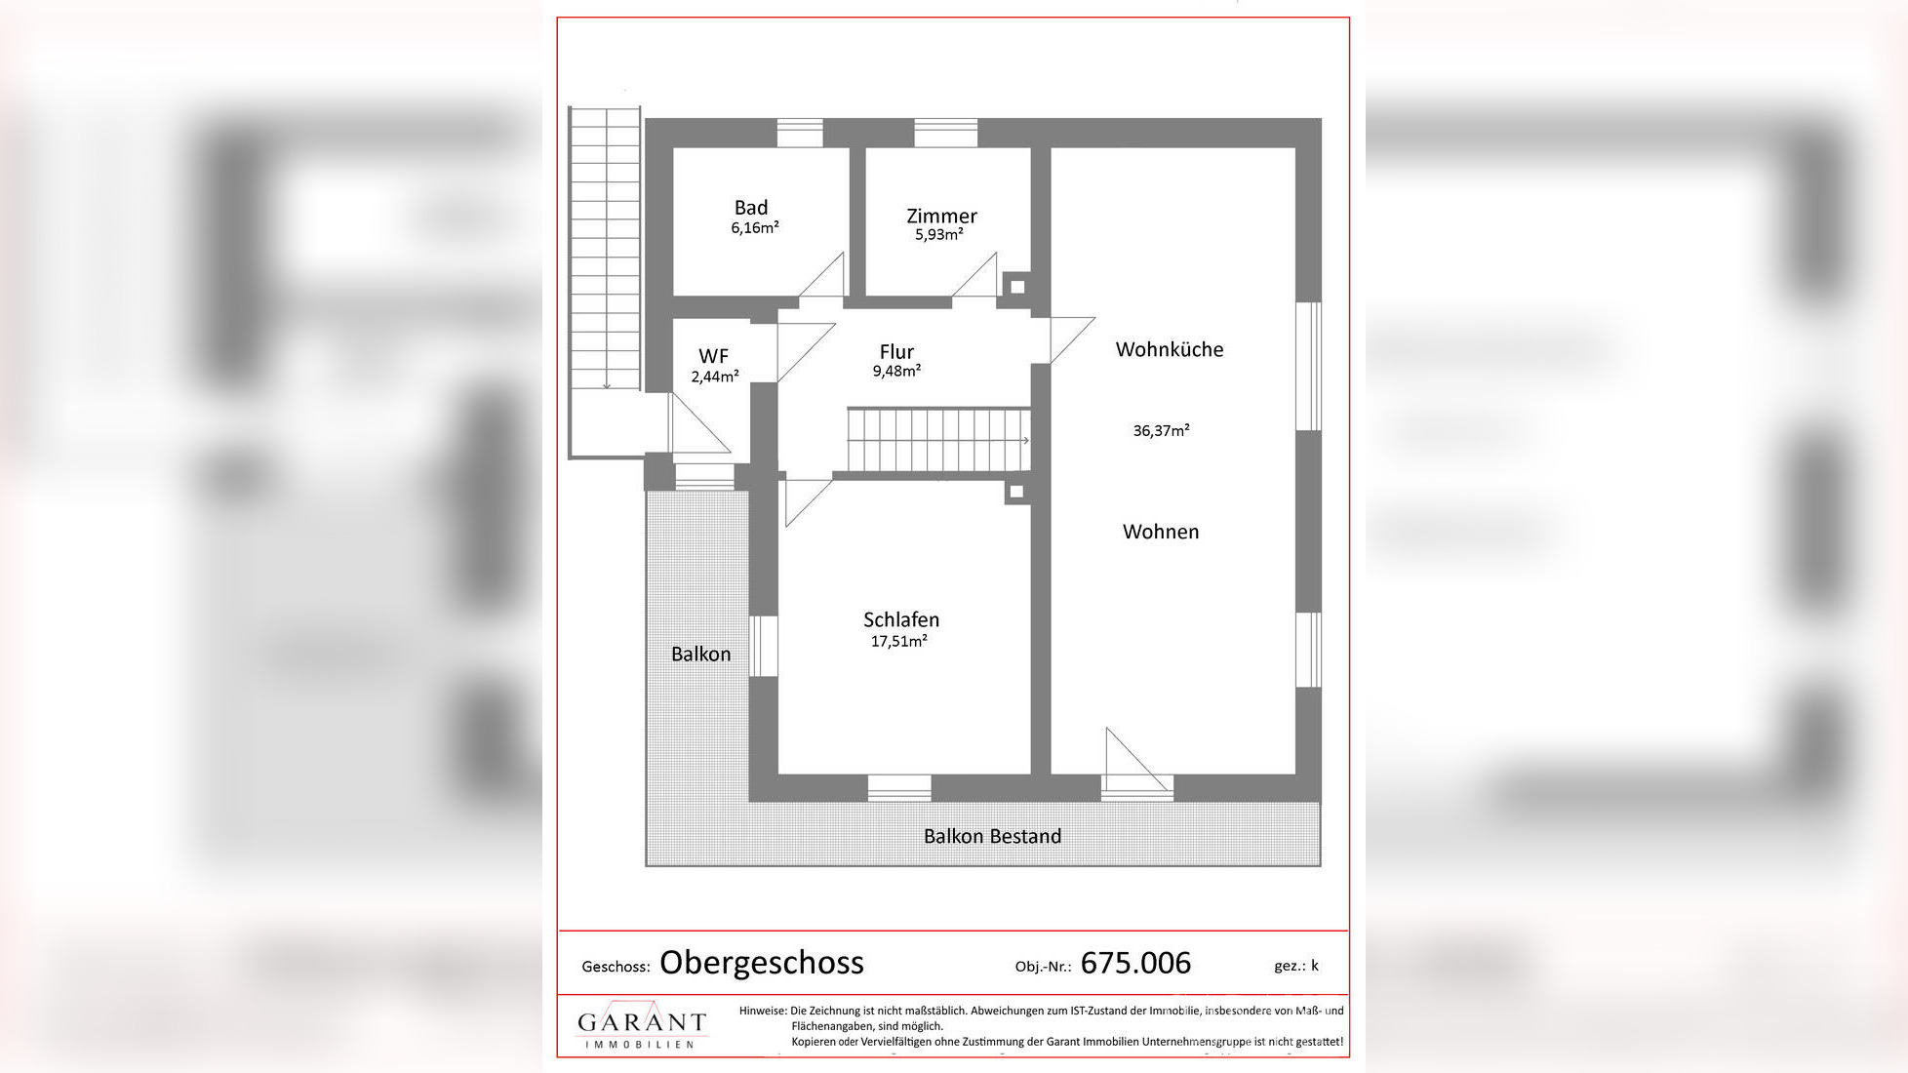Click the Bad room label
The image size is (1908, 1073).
click(750, 208)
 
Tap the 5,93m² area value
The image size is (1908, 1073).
click(938, 235)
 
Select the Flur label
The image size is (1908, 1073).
click(896, 352)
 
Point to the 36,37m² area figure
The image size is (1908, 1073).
click(1161, 430)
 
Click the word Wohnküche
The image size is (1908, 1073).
click(1169, 349)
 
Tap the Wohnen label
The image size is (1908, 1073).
click(1161, 532)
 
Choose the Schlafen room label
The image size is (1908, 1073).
click(900, 619)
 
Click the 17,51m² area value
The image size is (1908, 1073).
click(898, 641)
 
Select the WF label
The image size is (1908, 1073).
click(713, 356)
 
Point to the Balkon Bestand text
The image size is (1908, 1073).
click(992, 836)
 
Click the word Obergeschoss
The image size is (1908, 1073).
click(761, 963)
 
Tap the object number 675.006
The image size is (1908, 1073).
click(1135, 963)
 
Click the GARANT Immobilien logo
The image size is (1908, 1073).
click(641, 1027)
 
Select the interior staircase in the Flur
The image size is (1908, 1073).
click(937, 441)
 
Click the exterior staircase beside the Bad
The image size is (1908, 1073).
click(604, 249)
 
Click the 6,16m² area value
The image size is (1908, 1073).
click(754, 228)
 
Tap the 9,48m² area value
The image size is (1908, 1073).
click(896, 372)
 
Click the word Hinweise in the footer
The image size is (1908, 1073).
click(762, 1011)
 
